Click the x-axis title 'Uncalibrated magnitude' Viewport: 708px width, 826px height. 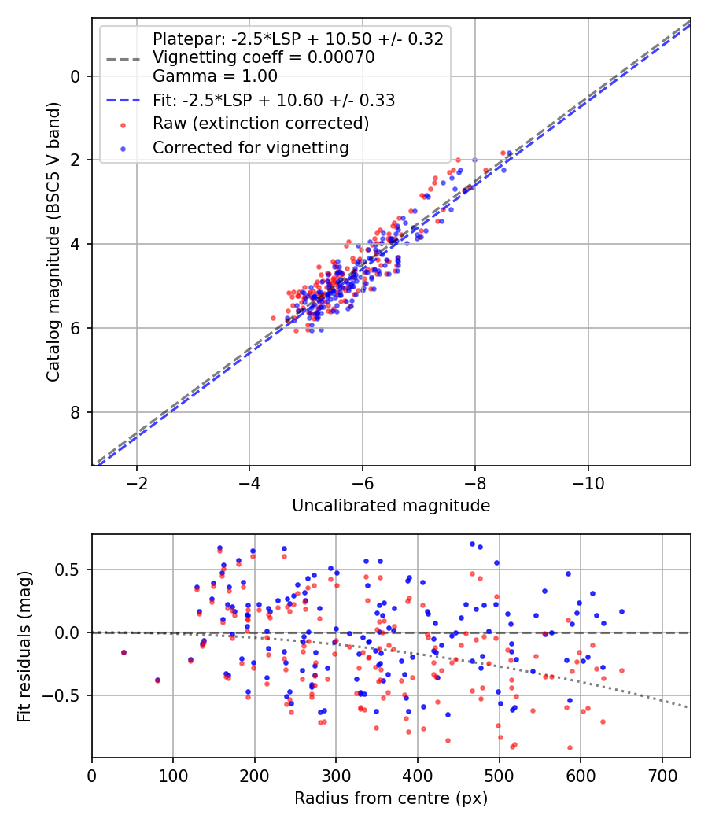(x=391, y=506)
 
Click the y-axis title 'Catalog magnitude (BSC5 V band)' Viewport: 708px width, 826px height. (x=53, y=242)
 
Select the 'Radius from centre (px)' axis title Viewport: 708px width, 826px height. (x=391, y=798)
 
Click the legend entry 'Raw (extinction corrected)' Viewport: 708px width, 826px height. (x=260, y=124)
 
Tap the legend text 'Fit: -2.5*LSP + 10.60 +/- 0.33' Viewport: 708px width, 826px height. (x=274, y=100)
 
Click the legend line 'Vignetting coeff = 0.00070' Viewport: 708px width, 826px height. (x=263, y=57)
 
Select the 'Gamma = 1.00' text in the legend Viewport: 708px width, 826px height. (x=215, y=76)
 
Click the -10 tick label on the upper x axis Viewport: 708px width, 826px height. (x=588, y=481)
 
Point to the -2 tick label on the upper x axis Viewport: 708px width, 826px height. (x=137, y=481)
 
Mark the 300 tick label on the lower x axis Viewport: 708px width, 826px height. (x=336, y=774)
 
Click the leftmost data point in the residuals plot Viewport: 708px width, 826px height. (x=124, y=652)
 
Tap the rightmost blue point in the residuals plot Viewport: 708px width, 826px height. (x=621, y=611)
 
